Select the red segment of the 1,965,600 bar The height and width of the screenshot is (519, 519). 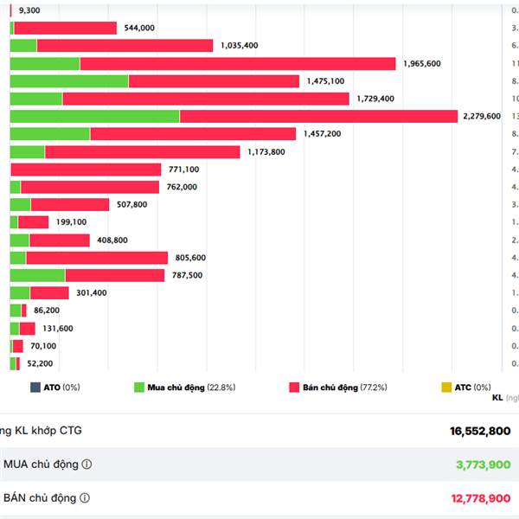coord(238,63)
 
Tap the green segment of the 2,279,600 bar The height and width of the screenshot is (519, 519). coord(95,117)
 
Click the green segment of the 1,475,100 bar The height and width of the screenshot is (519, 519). coord(69,81)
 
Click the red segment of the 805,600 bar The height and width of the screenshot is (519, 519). coord(97,258)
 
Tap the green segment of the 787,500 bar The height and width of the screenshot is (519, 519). coord(38,275)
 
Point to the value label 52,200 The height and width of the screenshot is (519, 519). coord(41,364)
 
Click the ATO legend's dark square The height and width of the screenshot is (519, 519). coord(35,388)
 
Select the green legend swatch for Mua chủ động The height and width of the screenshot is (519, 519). coord(139,388)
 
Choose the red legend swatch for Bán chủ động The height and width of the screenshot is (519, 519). coord(294,388)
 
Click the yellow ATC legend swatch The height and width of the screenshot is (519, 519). coord(446,388)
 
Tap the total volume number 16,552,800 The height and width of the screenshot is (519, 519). coord(480,431)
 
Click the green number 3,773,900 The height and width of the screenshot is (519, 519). coord(483,465)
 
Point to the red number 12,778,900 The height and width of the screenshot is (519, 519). coord(480,498)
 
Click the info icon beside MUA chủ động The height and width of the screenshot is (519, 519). coord(86,465)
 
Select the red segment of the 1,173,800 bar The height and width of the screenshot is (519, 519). coord(143,152)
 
